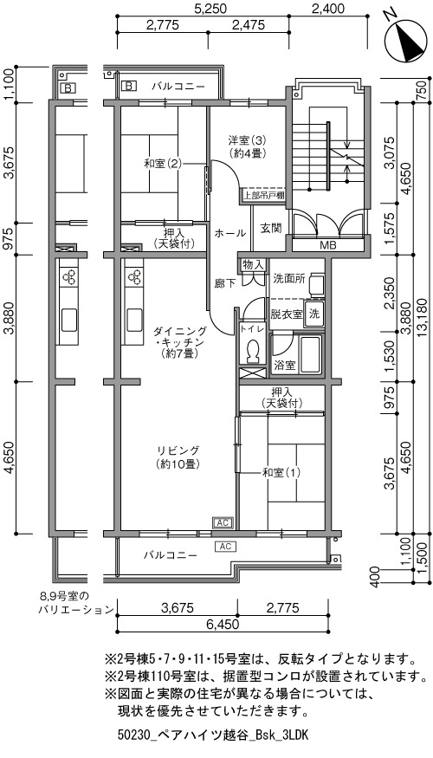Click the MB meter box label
point(327,245)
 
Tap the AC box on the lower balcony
point(225,547)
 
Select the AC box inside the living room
point(223,522)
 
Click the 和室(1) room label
point(281,472)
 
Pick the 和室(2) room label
point(163,164)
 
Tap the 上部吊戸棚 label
point(263,196)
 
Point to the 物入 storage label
point(253,264)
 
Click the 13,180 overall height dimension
point(420,319)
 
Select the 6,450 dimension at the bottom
point(223,624)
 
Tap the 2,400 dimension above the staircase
point(327,9)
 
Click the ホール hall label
point(230,233)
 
